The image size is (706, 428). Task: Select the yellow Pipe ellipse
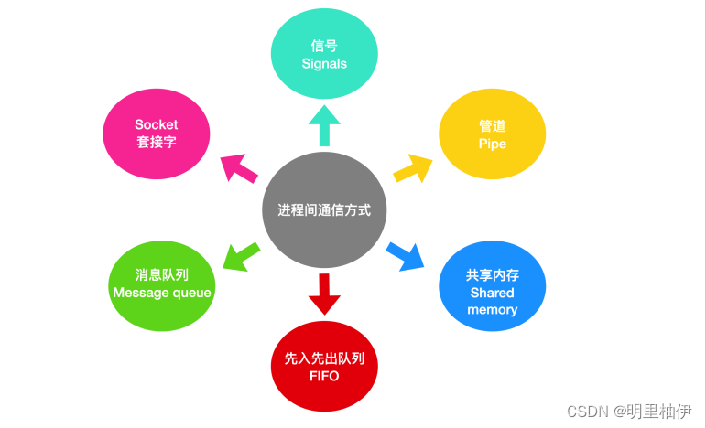[492, 134]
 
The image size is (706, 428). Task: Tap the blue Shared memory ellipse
[492, 285]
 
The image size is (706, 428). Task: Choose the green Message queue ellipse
[161, 284]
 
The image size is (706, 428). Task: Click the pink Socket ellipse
[157, 134]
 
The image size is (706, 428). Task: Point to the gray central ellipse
[324, 209]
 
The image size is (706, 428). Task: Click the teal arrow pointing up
[324, 124]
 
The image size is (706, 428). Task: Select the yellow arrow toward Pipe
[413, 167]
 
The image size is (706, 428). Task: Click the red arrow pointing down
[324, 294]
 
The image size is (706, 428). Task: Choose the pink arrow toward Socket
[240, 168]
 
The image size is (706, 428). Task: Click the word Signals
[324, 64]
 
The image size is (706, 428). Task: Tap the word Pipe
[492, 144]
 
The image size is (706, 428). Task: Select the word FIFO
[324, 376]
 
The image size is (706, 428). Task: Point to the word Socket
[157, 124]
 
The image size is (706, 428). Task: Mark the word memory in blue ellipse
[492, 309]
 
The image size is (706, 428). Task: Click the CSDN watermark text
[584, 412]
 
